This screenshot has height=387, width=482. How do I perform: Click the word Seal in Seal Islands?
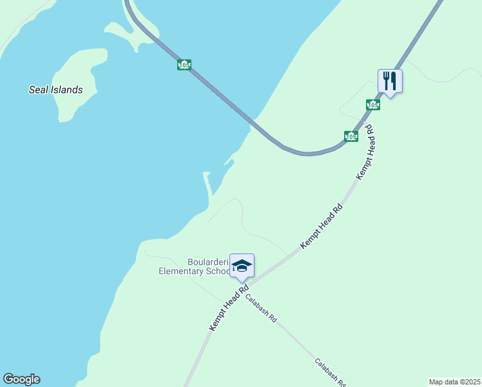[38, 90]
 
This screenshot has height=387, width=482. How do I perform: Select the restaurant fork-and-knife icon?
[390, 81]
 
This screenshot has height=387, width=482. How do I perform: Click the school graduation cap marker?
[242, 266]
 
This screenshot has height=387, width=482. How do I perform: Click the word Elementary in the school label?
[182, 272]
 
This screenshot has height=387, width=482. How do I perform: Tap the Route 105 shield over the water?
[184, 64]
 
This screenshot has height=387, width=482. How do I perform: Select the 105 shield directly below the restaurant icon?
[373, 104]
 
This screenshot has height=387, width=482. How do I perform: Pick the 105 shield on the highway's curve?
[351, 136]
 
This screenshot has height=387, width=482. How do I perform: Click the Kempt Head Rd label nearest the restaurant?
[365, 152]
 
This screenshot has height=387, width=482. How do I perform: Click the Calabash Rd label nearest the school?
[260, 309]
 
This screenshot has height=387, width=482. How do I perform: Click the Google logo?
[21, 379]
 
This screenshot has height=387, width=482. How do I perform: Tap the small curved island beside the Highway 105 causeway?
[132, 35]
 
